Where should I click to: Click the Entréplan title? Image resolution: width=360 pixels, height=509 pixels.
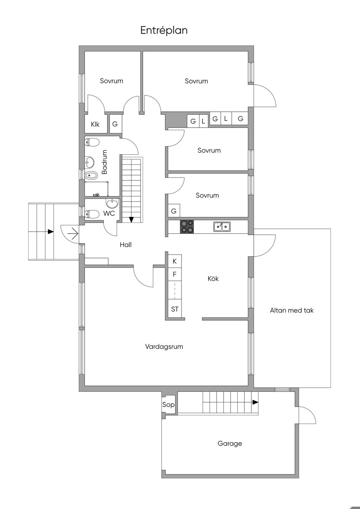tap(164, 30)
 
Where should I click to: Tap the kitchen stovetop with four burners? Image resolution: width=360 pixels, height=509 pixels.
tap(187, 226)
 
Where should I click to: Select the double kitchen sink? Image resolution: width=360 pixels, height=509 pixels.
tap(221, 227)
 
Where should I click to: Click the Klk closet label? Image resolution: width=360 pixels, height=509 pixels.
tap(95, 124)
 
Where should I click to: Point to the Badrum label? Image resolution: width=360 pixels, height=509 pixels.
tap(104, 162)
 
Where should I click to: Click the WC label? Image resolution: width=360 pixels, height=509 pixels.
tap(109, 213)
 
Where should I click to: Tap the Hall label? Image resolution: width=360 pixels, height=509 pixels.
tap(126, 245)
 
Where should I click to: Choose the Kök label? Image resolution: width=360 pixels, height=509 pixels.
tap(213, 278)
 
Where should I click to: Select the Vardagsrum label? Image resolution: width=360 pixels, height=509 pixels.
tap(164, 347)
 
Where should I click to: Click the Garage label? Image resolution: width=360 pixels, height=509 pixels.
tap(230, 444)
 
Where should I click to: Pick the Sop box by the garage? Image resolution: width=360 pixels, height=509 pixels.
tap(168, 405)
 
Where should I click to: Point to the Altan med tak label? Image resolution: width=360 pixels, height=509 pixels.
tap(291, 310)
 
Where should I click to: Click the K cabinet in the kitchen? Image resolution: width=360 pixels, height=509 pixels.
tap(174, 262)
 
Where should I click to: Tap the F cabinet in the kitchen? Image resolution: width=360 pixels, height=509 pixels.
tap(174, 275)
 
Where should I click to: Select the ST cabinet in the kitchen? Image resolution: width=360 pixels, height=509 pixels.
tap(174, 309)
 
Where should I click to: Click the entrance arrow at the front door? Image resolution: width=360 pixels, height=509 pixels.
tap(73, 234)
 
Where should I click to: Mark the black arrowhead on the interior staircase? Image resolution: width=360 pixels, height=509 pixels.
tap(131, 220)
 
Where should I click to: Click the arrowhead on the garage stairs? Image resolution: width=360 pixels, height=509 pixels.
tap(255, 402)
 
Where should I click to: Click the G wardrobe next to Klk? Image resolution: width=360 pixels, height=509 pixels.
tap(115, 124)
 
